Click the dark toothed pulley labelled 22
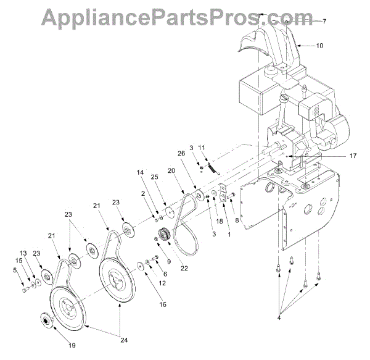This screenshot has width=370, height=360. click(x=166, y=235)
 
